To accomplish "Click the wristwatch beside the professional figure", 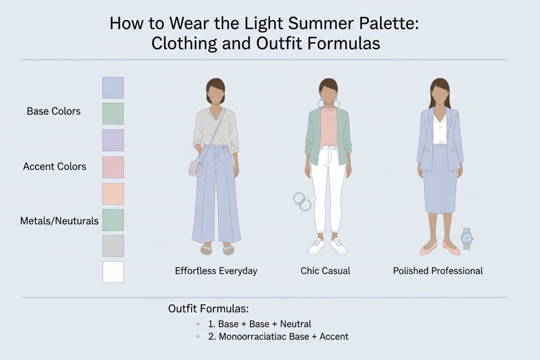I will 466,238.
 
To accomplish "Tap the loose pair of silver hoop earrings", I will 302,202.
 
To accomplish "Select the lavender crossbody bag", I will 196,168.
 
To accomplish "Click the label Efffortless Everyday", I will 216,271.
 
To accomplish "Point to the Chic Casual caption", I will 325,271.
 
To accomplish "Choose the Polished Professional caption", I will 438,271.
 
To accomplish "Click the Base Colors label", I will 54,111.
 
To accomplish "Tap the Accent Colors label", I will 55,167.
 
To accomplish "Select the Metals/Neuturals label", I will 59,221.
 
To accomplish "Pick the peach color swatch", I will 113,194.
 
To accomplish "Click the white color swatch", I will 113,272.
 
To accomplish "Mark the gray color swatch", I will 113,246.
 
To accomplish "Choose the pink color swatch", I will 113,167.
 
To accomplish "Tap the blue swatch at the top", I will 113,88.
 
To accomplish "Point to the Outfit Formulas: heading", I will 209,309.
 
